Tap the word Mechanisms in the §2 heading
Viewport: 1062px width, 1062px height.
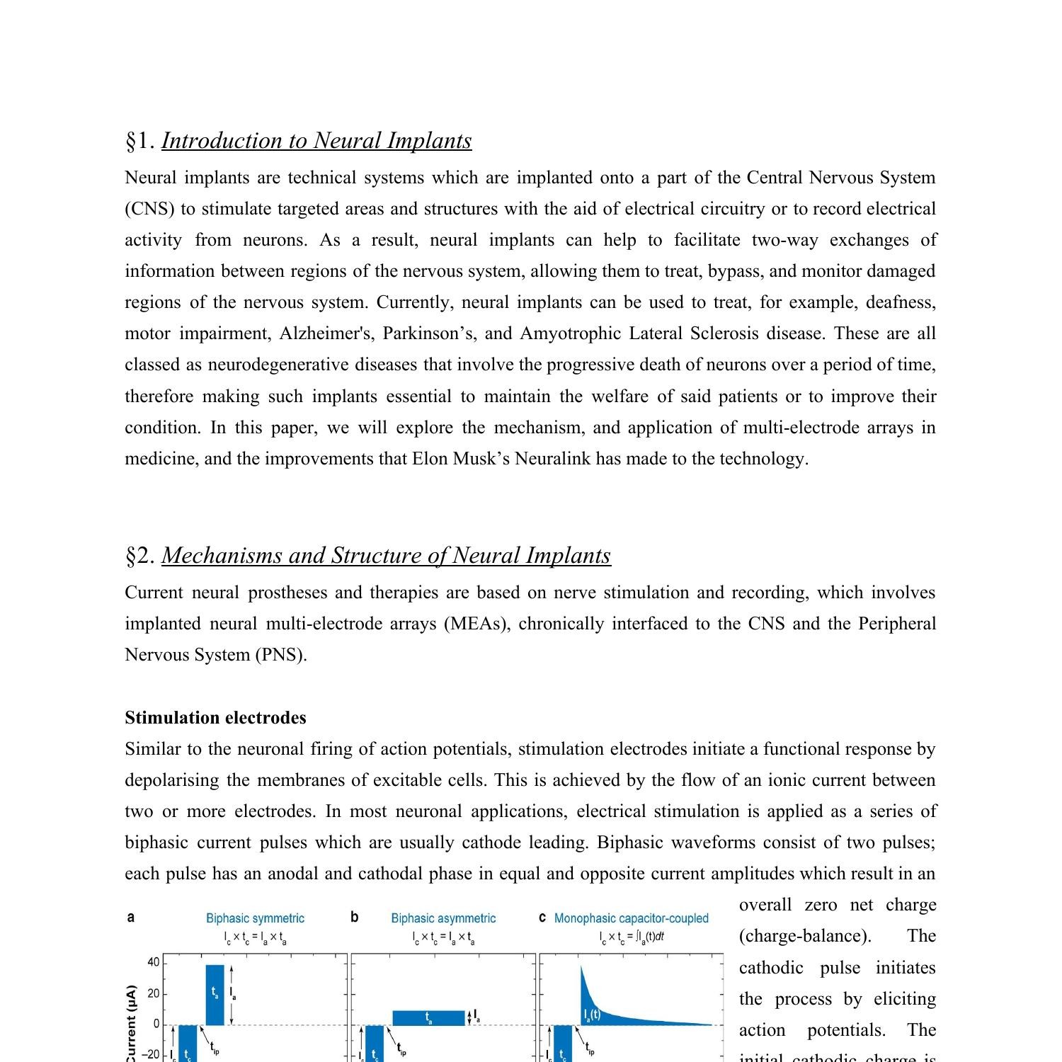point(222,556)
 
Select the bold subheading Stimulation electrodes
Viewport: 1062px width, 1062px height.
point(215,718)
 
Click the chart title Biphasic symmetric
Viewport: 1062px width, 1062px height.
point(255,918)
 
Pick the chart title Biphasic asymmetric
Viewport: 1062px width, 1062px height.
point(443,918)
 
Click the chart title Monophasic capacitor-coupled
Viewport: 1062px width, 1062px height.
point(631,918)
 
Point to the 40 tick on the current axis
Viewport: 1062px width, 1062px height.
point(153,962)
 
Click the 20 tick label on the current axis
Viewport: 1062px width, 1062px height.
point(153,994)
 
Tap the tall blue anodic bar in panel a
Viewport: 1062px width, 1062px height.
point(215,995)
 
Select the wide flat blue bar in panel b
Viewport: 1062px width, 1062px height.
point(428,1018)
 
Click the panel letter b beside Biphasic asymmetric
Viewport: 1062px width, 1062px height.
point(354,918)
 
